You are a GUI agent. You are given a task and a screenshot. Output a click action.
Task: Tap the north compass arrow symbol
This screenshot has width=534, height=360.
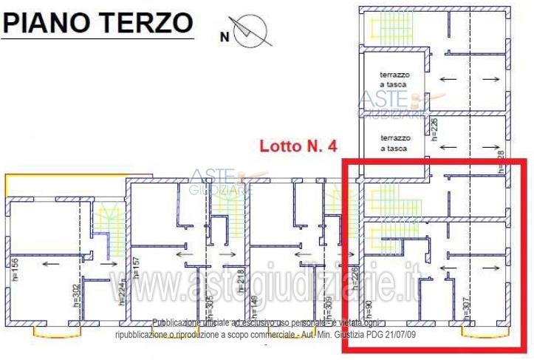pyautogui.click(x=252, y=31)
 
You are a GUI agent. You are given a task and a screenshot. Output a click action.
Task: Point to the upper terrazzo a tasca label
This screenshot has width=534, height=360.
pyautogui.click(x=394, y=79)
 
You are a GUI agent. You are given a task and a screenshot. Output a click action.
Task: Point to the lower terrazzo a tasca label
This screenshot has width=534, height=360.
pyautogui.click(x=394, y=143)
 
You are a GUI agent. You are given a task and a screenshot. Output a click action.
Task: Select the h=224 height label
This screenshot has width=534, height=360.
pyautogui.click(x=121, y=296)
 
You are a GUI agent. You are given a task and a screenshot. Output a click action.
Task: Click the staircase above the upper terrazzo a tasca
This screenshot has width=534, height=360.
pyautogui.click(x=384, y=28)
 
